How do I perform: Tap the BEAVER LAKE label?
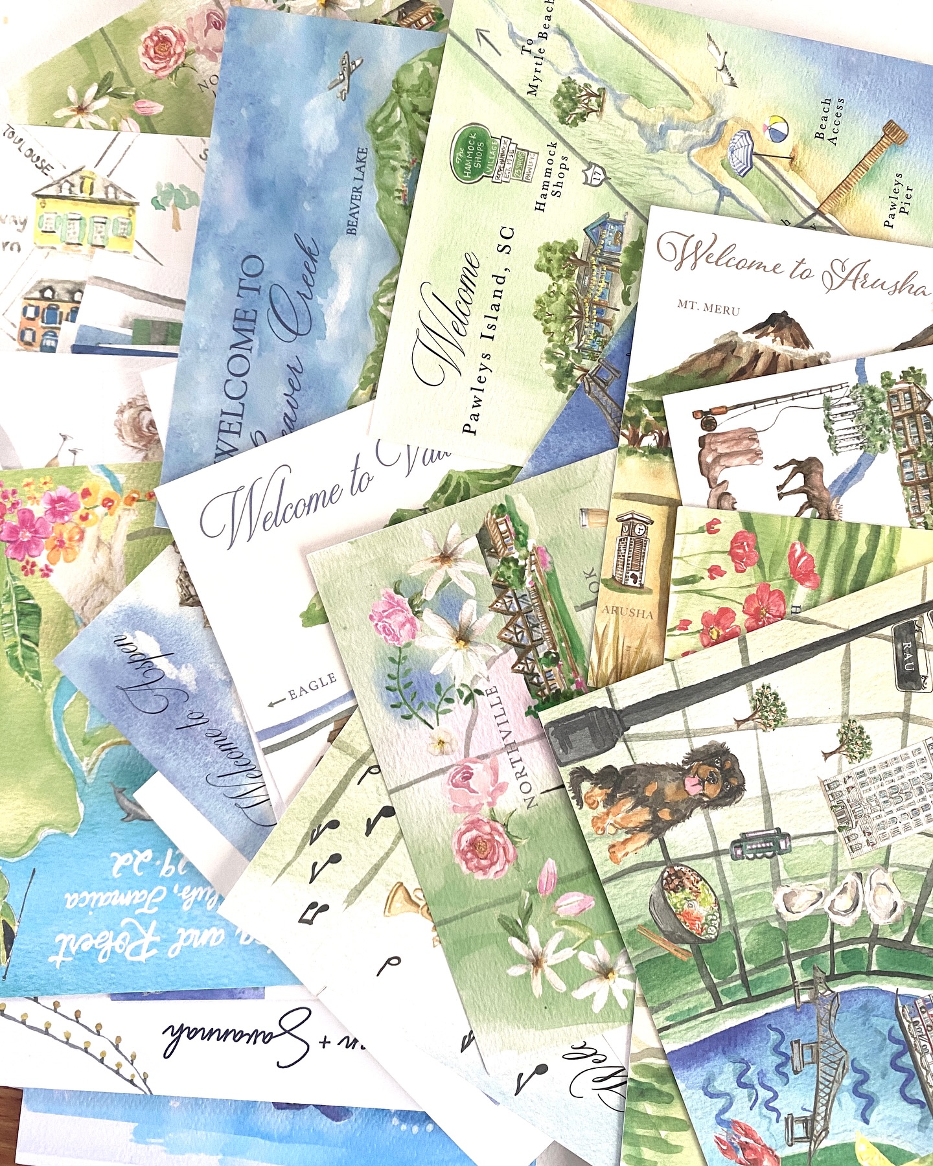coord(357,191)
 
